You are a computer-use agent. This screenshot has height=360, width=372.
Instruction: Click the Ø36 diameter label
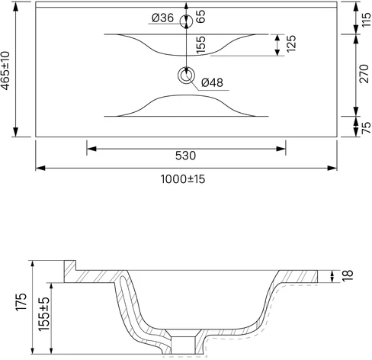(162, 18)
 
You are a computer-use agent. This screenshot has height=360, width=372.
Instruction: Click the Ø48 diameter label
(212, 82)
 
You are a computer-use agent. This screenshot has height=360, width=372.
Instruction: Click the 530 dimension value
(186, 156)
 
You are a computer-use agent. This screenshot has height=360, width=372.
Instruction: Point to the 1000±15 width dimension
(183, 179)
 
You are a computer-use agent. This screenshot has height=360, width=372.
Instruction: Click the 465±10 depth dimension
(5, 71)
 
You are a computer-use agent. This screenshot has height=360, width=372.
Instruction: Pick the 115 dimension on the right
(366, 20)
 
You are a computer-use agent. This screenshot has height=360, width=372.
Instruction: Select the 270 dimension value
(364, 74)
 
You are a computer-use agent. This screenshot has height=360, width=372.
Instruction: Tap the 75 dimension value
(366, 128)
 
